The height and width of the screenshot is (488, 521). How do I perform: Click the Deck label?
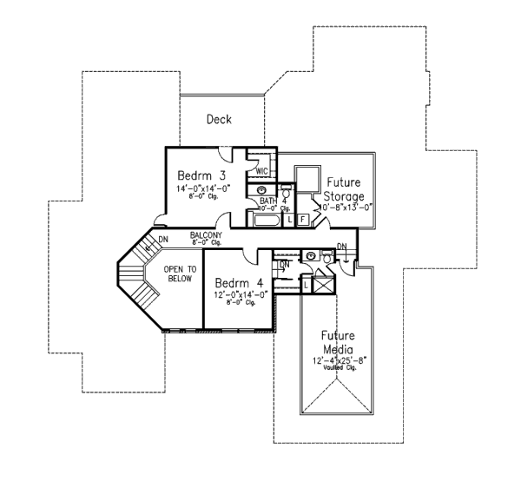pyautogui.click(x=219, y=120)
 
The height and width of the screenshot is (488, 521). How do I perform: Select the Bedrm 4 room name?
pyautogui.click(x=239, y=282)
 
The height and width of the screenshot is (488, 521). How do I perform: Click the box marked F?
pyautogui.click(x=302, y=219)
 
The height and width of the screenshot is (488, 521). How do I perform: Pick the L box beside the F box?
pyautogui.click(x=289, y=219)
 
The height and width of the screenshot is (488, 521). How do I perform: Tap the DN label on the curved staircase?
pyautogui.click(x=162, y=240)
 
